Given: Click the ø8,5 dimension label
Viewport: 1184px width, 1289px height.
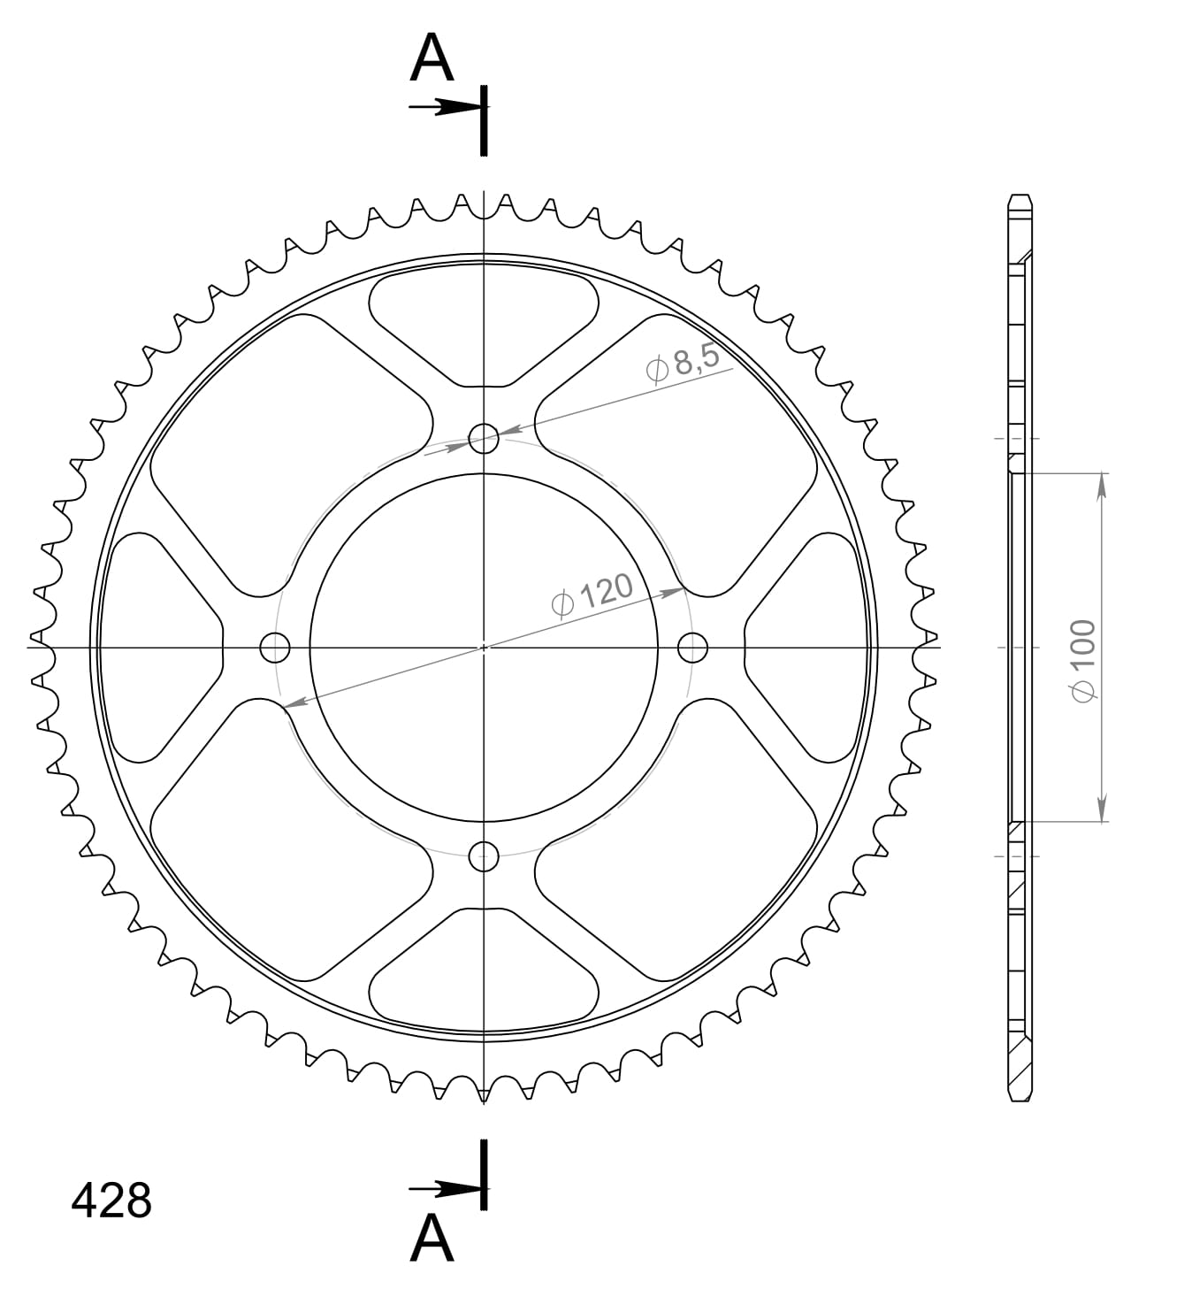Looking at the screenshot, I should click(684, 363).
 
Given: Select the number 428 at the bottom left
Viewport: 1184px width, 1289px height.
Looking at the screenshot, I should click(111, 1201).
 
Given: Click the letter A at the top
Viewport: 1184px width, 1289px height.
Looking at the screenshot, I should click(432, 59).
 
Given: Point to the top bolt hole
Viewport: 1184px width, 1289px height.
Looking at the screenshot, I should click(484, 438).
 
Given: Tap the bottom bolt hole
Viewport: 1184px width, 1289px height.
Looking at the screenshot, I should click(484, 855).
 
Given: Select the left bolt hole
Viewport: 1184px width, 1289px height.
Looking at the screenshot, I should click(275, 648).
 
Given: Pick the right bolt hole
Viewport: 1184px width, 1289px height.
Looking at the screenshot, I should click(692, 648).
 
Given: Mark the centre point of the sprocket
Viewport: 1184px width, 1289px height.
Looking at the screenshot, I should click(484, 648).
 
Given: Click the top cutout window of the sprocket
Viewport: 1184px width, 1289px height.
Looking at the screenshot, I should click(484, 327).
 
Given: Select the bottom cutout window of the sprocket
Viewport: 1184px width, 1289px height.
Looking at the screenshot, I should click(484, 969).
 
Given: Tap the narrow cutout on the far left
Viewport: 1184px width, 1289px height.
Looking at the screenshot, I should click(159, 648).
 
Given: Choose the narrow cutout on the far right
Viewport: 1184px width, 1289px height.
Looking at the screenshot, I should click(806, 648).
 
